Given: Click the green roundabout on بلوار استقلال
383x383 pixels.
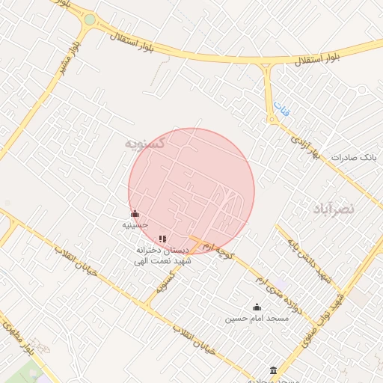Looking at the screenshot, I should click(x=90, y=20).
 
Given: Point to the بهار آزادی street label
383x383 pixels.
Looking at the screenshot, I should click(x=306, y=146).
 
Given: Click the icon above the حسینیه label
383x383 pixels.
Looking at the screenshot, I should click(x=135, y=214).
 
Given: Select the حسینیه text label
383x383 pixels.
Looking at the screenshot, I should click(x=135, y=224).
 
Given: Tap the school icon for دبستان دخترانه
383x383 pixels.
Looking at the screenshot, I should click(x=162, y=239).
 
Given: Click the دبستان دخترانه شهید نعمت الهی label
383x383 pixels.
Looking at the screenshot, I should click(x=164, y=254).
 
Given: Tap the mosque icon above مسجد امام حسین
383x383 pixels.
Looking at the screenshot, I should click(x=257, y=307).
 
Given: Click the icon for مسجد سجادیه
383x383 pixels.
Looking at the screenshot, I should click(x=273, y=370).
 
